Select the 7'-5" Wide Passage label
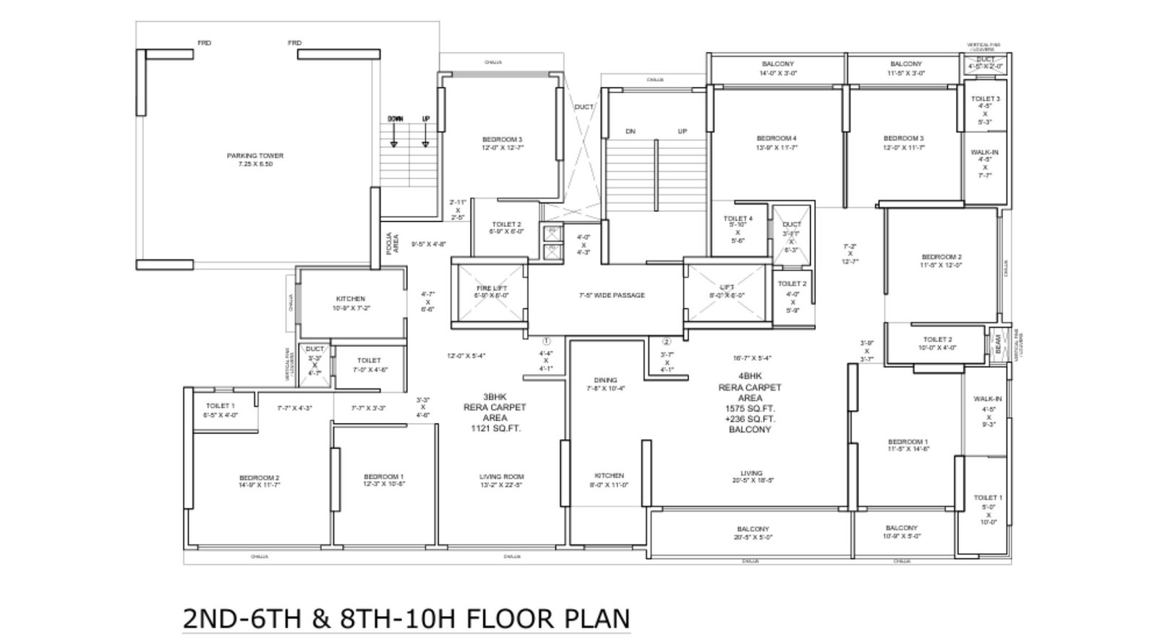611,295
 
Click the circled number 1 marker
547,341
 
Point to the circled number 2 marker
667,341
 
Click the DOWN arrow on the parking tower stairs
395,135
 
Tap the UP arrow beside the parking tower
425,135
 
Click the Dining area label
605,380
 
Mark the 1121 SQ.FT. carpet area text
495,429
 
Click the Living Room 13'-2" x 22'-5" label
501,481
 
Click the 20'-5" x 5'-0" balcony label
753,533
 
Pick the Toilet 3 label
985,99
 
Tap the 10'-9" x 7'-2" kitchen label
350,303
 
